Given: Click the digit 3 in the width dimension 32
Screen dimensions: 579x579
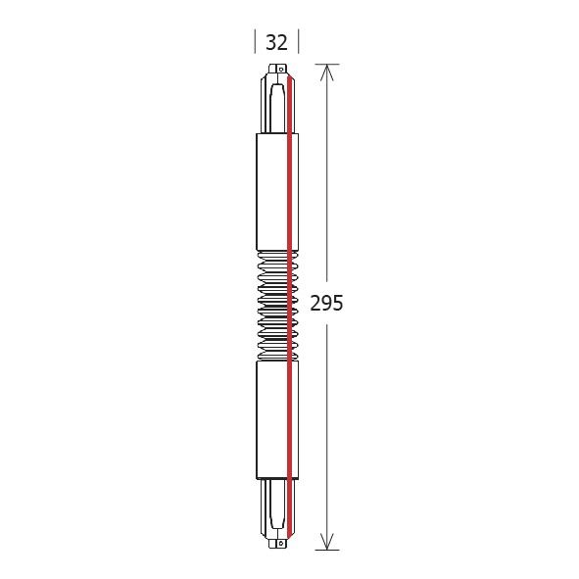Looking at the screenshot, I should pos(270,43).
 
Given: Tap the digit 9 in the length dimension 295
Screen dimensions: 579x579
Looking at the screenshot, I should pos(326,304).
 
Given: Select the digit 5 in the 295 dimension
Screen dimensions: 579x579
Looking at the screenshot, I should pos(338,304).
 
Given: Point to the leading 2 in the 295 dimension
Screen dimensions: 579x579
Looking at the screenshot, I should pos(315,304).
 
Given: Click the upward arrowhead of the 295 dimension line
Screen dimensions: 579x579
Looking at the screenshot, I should pos(327,73).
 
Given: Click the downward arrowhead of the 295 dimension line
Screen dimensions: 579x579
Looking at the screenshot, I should pos(327,540).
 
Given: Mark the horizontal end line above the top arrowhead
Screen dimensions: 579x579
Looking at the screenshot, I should pos(327,65).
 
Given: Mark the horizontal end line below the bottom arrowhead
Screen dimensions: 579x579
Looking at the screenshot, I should pos(327,550).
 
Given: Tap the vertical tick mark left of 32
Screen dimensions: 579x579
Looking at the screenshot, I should pos(256,42).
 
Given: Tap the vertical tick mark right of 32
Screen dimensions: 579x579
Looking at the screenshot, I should pos(298,42).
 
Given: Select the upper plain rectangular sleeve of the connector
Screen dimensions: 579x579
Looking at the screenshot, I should pos(276,190).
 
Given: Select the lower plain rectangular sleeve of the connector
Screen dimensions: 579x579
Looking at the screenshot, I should pos(276,419).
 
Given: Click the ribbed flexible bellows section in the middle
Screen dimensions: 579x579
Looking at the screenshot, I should pos(276,304).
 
